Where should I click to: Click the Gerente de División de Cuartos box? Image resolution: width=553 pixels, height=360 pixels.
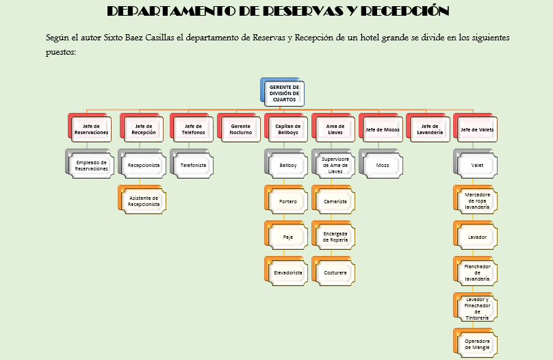[x=284, y=94]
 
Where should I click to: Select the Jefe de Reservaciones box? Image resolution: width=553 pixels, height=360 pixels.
[x=91, y=129]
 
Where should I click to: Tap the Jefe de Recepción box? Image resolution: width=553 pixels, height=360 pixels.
[x=144, y=129]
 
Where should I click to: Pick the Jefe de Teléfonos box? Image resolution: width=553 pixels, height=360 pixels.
[x=193, y=129]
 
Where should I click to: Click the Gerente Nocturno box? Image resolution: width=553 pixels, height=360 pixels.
[x=241, y=129]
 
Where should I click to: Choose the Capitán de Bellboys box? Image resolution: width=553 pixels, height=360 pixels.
[x=287, y=129]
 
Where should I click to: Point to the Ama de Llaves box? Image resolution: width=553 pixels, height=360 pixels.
[x=335, y=129]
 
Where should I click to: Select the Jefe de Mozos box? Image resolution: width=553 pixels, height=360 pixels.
[x=383, y=129]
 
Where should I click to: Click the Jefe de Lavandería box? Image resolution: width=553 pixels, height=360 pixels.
[x=430, y=129]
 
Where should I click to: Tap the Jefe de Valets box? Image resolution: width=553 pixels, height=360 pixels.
[x=477, y=129]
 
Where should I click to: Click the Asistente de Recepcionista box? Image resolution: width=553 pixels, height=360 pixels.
[x=144, y=201]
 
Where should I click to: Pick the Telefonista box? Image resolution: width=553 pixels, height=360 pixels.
[x=193, y=165]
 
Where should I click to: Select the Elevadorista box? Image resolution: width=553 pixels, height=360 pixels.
[x=287, y=272]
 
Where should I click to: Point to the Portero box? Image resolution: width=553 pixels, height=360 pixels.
[x=287, y=201]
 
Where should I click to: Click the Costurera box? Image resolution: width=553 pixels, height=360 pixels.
[x=335, y=272]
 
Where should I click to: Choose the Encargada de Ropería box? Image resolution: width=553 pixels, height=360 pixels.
[x=335, y=237]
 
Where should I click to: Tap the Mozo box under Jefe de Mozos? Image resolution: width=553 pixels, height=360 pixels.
[x=383, y=165]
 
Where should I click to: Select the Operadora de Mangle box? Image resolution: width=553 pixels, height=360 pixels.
[x=477, y=344]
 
